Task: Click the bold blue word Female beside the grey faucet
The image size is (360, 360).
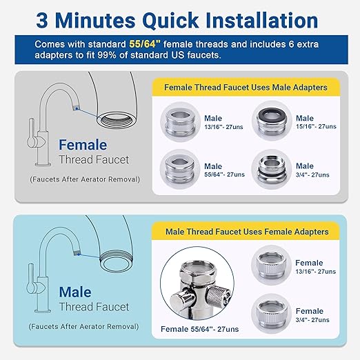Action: (x=83, y=146)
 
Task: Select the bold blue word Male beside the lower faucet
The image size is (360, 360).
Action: (x=75, y=292)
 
